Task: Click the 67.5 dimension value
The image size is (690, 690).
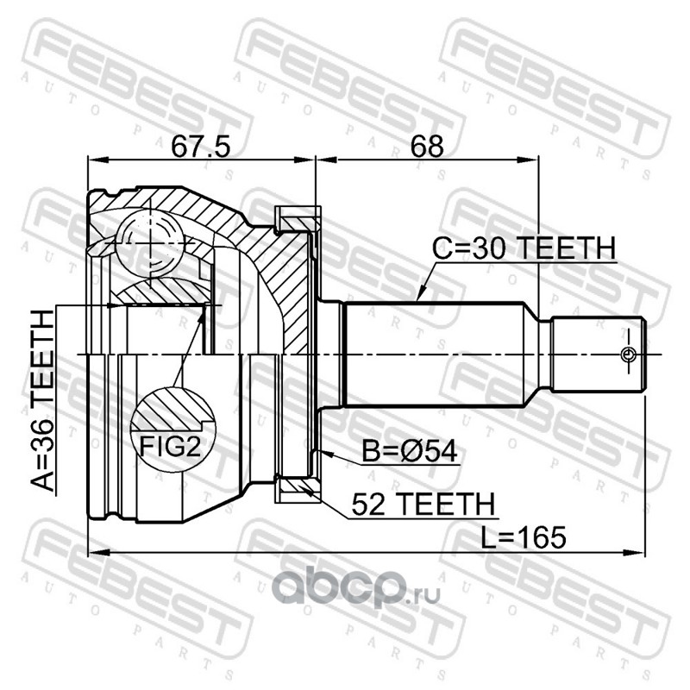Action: [x=201, y=146]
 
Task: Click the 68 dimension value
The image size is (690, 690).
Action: [x=426, y=146]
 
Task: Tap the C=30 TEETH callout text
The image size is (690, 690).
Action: [x=524, y=248]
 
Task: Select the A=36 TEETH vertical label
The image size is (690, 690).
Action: [x=43, y=400]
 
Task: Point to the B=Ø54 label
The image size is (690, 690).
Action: [x=410, y=451]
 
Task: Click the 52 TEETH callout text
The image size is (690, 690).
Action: [x=423, y=504]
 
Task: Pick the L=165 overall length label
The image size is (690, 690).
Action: [x=523, y=537]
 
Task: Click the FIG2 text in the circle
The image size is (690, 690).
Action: [x=170, y=447]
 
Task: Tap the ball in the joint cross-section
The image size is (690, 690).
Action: [x=150, y=243]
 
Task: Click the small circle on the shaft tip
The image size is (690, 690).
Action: [x=628, y=354]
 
